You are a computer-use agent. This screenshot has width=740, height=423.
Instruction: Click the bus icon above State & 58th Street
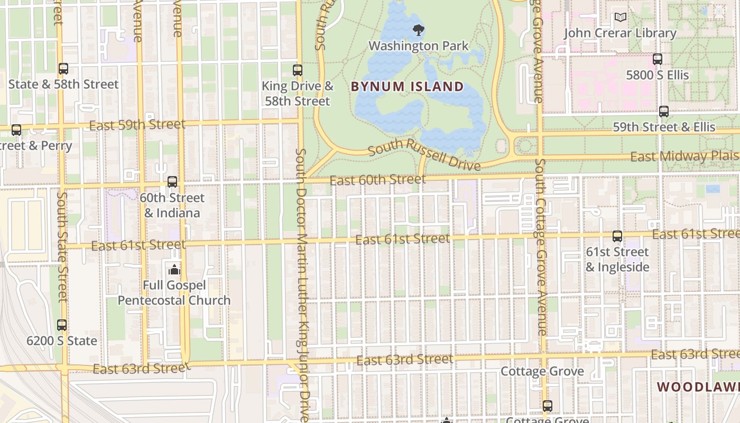pyautogui.click(x=63, y=69)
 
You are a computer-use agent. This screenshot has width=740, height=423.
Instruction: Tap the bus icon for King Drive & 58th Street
pyautogui.click(x=298, y=70)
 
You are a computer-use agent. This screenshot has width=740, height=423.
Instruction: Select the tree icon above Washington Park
pyautogui.click(x=419, y=30)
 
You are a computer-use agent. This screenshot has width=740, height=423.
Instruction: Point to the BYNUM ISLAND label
pyautogui.click(x=407, y=87)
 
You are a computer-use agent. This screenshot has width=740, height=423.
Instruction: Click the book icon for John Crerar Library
pyautogui.click(x=620, y=18)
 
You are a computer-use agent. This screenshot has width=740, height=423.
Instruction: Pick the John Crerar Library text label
pyautogui.click(x=620, y=33)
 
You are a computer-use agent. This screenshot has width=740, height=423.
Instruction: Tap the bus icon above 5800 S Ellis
pyautogui.click(x=658, y=59)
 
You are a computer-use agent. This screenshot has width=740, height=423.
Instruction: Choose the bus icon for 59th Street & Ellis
pyautogui.click(x=664, y=112)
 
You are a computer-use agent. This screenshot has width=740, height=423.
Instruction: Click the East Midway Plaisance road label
pyautogui.click(x=684, y=157)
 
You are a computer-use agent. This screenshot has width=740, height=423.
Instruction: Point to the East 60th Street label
pyautogui.click(x=377, y=180)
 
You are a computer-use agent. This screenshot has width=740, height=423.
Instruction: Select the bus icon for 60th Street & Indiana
pyautogui.click(x=172, y=182)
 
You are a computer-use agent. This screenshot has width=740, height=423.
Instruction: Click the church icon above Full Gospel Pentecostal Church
pyautogui.click(x=174, y=270)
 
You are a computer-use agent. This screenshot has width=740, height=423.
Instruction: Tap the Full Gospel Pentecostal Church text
pyautogui.click(x=174, y=293)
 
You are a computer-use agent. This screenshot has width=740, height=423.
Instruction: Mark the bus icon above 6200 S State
pyautogui.click(x=62, y=325)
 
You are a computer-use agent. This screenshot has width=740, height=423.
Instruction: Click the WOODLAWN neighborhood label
pyautogui.click(x=698, y=387)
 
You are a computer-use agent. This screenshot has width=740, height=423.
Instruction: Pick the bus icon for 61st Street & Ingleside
pyautogui.click(x=617, y=236)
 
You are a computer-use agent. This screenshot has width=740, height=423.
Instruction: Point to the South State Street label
pyautogui.click(x=62, y=246)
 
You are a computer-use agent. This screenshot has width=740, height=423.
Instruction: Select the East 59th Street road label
pyautogui.click(x=137, y=125)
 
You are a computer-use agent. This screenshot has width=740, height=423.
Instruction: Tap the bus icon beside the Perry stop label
pyautogui.click(x=16, y=130)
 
